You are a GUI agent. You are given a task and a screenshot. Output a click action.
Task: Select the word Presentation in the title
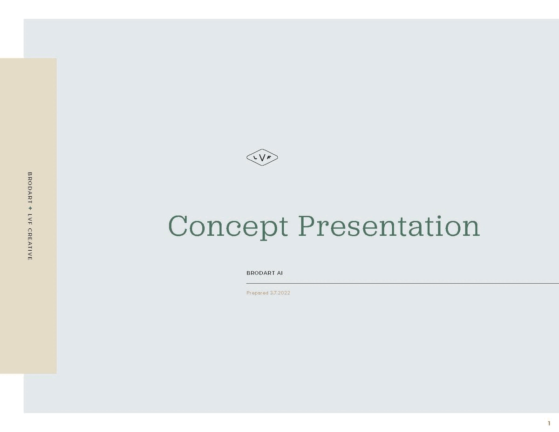(x=389, y=226)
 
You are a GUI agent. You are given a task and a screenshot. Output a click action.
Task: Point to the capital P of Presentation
(x=308, y=226)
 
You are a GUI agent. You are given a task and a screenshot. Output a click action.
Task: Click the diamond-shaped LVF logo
(x=262, y=158)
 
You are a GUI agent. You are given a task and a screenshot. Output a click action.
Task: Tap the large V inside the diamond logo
(x=262, y=158)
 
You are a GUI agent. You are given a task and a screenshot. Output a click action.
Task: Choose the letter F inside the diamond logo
(x=270, y=158)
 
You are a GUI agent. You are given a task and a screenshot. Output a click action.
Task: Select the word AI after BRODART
(x=280, y=273)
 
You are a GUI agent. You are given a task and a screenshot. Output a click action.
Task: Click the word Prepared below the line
(x=257, y=293)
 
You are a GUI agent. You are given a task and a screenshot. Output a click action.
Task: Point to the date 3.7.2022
(x=280, y=293)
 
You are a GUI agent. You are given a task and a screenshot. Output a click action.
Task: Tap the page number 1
(x=549, y=423)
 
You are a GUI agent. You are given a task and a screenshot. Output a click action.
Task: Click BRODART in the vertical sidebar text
(x=30, y=187)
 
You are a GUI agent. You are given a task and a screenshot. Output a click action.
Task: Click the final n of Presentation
(x=471, y=228)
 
